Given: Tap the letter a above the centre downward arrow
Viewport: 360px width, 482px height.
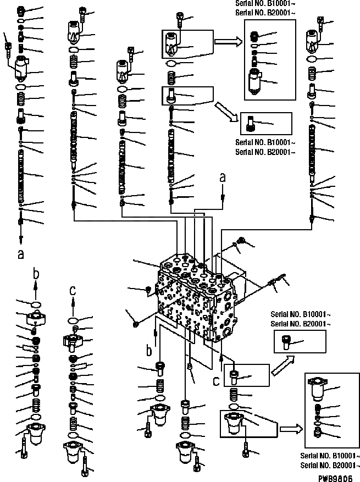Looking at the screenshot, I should pyautogui.click(x=222, y=178).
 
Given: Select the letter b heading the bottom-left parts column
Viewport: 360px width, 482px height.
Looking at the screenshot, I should pyautogui.click(x=36, y=273).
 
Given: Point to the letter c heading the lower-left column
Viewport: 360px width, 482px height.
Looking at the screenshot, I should pyautogui.click(x=72, y=289).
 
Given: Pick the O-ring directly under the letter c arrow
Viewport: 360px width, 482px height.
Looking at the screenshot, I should pyautogui.click(x=73, y=320).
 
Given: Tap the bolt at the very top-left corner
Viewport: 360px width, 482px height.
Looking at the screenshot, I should pyautogui.click(x=8, y=46).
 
